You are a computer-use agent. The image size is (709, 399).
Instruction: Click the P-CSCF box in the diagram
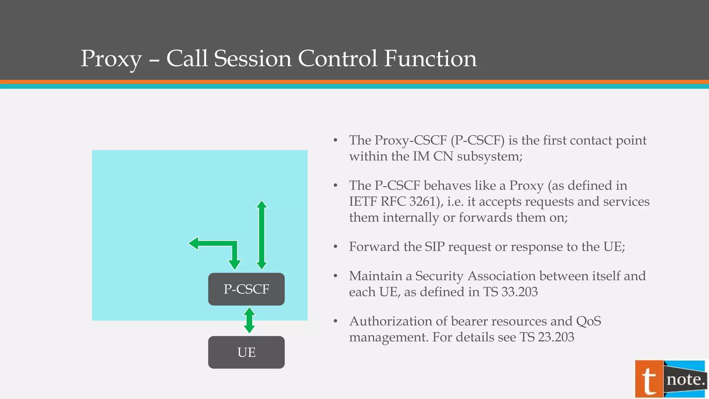tap(246, 289)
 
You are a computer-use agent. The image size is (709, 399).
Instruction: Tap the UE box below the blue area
tap(246, 352)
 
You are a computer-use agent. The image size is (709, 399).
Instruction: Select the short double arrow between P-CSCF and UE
tap(249, 320)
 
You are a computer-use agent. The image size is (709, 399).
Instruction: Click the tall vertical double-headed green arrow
tap(262, 235)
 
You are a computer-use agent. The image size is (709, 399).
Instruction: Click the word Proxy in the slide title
tap(111, 59)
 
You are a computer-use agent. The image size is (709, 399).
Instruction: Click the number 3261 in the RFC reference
tap(424, 202)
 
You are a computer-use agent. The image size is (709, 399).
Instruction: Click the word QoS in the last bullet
tap(589, 321)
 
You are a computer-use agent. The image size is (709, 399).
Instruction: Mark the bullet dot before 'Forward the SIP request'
tap(335, 247)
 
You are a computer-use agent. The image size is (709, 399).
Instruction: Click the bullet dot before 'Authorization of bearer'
tap(335, 321)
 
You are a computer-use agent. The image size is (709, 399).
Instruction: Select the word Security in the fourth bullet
tap(439, 276)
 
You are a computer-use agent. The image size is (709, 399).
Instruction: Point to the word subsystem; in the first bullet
tap(490, 157)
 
